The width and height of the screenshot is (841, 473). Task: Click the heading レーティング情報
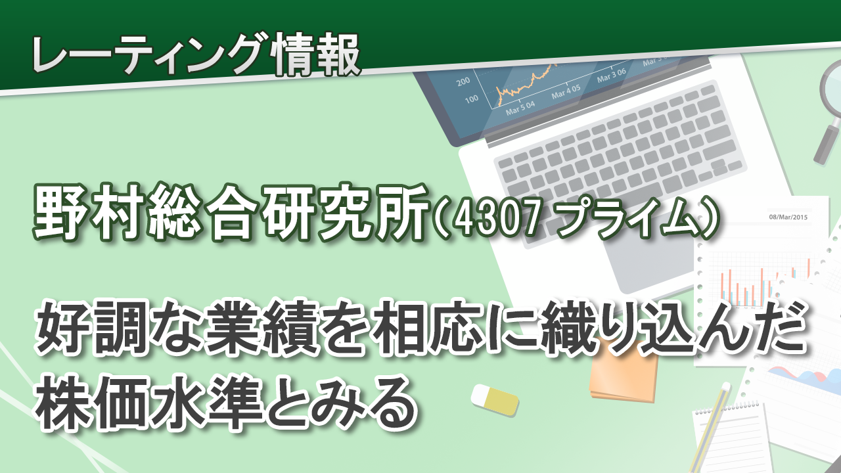[196, 56]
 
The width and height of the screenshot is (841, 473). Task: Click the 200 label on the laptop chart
[463, 81]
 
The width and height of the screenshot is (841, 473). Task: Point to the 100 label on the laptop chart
[472, 99]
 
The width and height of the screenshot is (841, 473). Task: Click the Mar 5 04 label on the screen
[520, 108]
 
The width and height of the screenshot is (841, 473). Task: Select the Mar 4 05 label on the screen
[566, 91]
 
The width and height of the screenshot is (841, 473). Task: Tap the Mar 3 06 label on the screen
[611, 75]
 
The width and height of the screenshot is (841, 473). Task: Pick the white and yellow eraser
[494, 399]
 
